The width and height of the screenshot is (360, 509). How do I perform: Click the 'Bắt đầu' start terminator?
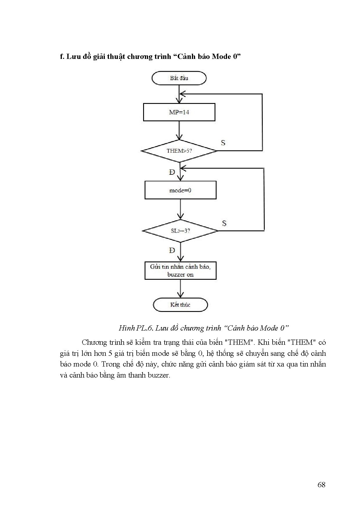point(179,78)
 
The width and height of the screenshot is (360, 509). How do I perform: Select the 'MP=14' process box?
point(179,112)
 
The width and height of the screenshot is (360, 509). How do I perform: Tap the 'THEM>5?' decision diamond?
point(179,151)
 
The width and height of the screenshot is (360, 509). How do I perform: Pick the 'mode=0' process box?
point(180,190)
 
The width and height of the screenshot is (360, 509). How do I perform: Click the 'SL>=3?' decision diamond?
point(180,231)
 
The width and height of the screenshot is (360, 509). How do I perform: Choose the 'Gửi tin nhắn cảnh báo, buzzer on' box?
point(180,271)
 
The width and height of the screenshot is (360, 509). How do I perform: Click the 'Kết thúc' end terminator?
point(180,305)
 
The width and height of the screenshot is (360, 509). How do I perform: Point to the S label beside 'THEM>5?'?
point(223,143)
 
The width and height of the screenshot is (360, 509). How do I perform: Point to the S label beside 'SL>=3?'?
point(224,223)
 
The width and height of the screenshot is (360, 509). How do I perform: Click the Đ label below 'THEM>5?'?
point(172,172)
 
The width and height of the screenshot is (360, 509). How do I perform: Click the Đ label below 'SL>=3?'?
point(172,250)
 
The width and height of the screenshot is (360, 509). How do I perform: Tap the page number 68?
point(321,485)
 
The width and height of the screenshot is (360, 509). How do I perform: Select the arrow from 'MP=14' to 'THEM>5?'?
point(179,131)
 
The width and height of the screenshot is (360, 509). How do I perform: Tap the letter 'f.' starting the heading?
point(62,56)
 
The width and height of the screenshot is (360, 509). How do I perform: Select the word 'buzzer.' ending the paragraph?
point(159,375)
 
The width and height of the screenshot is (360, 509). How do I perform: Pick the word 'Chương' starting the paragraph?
point(94,342)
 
